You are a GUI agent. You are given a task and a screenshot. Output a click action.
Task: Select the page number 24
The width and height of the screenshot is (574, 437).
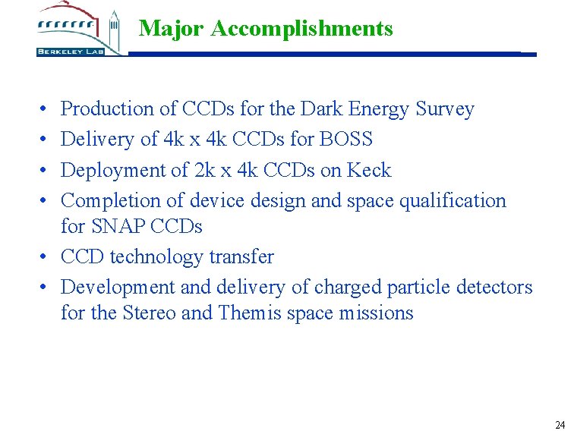pos(560,425)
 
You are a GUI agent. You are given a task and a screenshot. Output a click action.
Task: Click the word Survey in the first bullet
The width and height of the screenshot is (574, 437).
pos(445,109)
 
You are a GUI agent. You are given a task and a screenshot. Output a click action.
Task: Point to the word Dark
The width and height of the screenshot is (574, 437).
pos(322,109)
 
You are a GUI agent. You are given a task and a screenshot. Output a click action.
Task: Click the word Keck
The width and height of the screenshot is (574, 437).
pos(369,170)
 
